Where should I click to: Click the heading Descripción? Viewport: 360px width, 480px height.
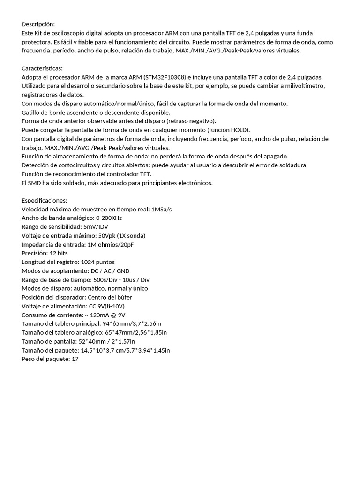(x=38, y=24)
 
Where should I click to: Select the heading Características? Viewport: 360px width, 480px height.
(x=42, y=68)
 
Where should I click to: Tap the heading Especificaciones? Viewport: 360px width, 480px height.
(x=45, y=200)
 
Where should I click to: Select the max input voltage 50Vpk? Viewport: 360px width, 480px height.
(x=109, y=235)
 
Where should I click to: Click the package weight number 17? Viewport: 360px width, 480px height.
(x=75, y=359)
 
